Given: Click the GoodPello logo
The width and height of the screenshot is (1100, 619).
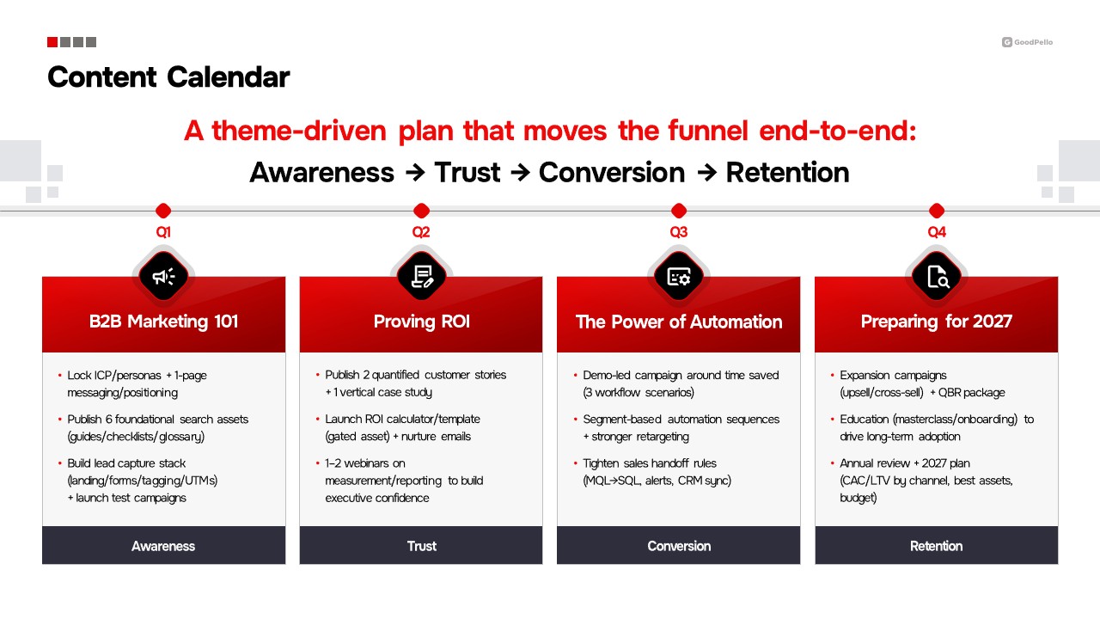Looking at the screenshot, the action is pos(1027,42).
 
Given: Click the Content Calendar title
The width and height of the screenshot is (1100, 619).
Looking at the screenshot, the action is pos(168,77).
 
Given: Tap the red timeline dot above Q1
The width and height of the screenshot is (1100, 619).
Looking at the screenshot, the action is pos(163,211).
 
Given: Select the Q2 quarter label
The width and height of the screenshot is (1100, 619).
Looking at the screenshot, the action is pos(421,232).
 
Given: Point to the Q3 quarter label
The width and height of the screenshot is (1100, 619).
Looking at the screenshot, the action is pos(679,232).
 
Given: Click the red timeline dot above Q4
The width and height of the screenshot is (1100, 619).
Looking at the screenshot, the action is pos(937,211).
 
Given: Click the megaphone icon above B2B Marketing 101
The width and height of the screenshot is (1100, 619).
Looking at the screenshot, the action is pos(163,277).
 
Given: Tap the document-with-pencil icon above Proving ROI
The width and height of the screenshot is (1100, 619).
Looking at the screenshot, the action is pos(422,276).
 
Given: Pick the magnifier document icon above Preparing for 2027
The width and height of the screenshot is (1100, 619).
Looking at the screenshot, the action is pos(938,277).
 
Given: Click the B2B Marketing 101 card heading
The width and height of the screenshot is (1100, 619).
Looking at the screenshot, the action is pos(163,322).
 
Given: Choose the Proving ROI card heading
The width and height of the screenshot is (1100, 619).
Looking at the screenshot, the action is pos(421,322).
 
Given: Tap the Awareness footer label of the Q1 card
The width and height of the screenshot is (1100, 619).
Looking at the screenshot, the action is pos(163,546).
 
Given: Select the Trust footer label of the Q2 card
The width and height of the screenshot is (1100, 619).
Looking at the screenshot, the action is pos(421,546).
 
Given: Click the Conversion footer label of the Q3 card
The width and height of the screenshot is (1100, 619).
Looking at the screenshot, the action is pos(679,546).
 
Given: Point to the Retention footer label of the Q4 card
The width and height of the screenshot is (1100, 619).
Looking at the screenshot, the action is pos(936,546).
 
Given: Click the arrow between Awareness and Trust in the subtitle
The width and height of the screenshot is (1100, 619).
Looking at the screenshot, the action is pos(415,173).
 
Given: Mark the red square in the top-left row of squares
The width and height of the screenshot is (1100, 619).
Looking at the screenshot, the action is pos(52,42).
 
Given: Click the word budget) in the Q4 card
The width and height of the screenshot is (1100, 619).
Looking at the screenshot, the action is pos(858,498).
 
